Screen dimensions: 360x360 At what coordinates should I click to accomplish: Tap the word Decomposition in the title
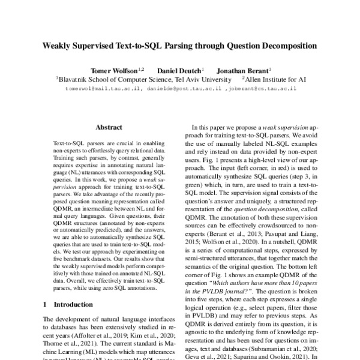289,45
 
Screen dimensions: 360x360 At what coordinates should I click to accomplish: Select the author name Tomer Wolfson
113,69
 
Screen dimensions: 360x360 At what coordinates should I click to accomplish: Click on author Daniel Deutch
179,69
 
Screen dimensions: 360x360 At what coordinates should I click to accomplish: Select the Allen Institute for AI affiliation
274,78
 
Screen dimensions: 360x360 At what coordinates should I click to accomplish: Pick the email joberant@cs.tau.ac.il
260,88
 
